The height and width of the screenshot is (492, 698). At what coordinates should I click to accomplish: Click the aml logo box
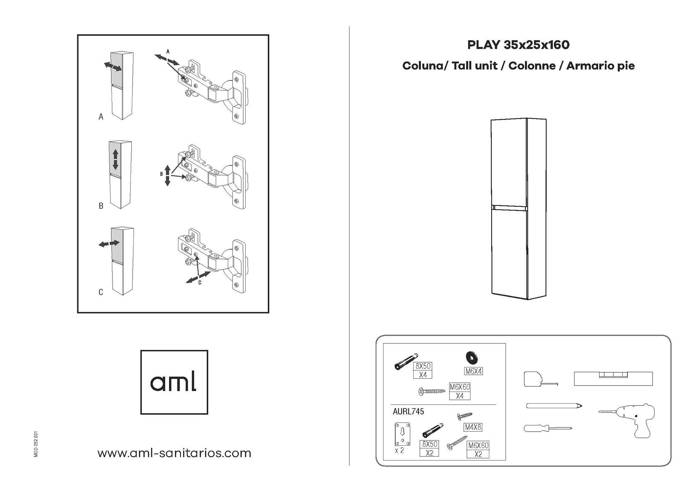(174, 382)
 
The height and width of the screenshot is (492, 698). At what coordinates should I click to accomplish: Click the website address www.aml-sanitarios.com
(174, 453)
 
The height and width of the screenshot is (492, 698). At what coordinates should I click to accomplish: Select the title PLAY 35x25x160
(518, 45)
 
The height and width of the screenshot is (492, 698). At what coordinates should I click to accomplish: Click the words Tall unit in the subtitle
(474, 66)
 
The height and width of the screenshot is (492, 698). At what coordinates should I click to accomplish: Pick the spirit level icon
(613, 379)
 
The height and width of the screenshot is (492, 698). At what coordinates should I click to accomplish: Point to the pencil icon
(554, 406)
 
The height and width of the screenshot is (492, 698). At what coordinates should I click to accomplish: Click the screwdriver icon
(548, 428)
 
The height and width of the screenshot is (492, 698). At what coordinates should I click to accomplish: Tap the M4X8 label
(473, 427)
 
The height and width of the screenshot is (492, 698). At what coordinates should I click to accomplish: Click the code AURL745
(408, 411)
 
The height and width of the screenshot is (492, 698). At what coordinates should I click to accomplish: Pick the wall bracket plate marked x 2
(402, 434)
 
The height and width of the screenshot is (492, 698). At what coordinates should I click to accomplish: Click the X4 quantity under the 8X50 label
(423, 375)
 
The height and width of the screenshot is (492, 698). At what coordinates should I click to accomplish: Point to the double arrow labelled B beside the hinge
(168, 176)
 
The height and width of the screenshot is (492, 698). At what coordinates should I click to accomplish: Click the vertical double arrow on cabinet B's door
(116, 159)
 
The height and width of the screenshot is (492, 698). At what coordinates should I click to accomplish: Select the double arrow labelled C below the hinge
(198, 277)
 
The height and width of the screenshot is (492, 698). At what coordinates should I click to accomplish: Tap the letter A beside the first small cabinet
(101, 117)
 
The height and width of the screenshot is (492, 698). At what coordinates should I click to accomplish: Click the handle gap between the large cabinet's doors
(509, 208)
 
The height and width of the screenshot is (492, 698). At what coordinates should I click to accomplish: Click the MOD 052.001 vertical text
(36, 444)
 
